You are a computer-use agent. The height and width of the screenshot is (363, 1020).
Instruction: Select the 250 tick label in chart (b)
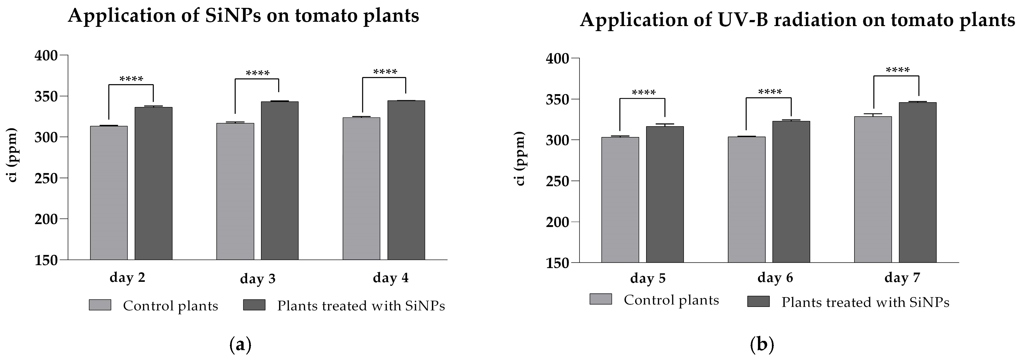(x=558, y=181)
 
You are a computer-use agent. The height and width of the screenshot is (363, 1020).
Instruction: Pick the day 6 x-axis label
(x=775, y=278)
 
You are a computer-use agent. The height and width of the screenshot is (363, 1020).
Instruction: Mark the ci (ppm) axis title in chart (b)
(x=520, y=158)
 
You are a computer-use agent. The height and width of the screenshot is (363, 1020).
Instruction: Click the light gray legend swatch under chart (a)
(x=100, y=305)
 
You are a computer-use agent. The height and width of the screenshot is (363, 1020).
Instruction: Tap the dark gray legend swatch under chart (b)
(x=758, y=302)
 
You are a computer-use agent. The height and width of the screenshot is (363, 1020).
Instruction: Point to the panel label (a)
(x=240, y=345)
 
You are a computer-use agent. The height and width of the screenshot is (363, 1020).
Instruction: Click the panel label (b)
(x=762, y=345)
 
